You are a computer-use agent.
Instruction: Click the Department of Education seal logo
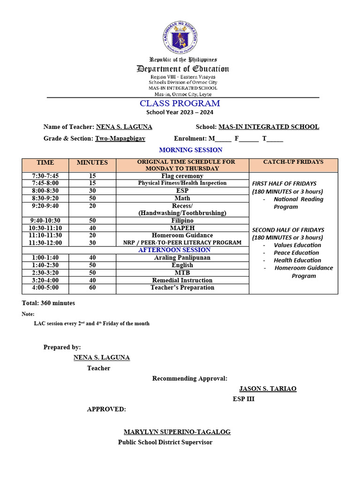[180, 37]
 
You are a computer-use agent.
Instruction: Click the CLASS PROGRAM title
[180, 104]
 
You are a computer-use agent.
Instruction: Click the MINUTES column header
[92, 163]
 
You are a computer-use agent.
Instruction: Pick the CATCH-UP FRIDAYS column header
[293, 162]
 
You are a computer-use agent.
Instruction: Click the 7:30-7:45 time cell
[45, 176]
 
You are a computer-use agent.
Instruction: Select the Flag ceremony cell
[182, 176]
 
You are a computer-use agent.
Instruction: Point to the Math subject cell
[182, 198]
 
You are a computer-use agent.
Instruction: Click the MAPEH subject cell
[182, 228]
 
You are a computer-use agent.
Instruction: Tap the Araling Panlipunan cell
[182, 257]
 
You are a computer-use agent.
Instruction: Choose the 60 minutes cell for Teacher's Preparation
[92, 287]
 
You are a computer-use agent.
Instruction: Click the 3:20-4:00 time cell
[45, 280]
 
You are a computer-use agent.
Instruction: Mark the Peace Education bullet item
[296, 253]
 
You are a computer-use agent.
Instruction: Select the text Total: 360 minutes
[48, 303]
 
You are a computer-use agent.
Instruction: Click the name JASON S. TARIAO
[268, 389]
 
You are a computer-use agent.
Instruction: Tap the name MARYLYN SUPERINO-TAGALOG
[177, 432]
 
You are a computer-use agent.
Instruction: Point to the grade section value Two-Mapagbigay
[120, 138]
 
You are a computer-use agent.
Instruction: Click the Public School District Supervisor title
[165, 442]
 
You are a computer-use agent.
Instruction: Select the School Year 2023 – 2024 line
[180, 112]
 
